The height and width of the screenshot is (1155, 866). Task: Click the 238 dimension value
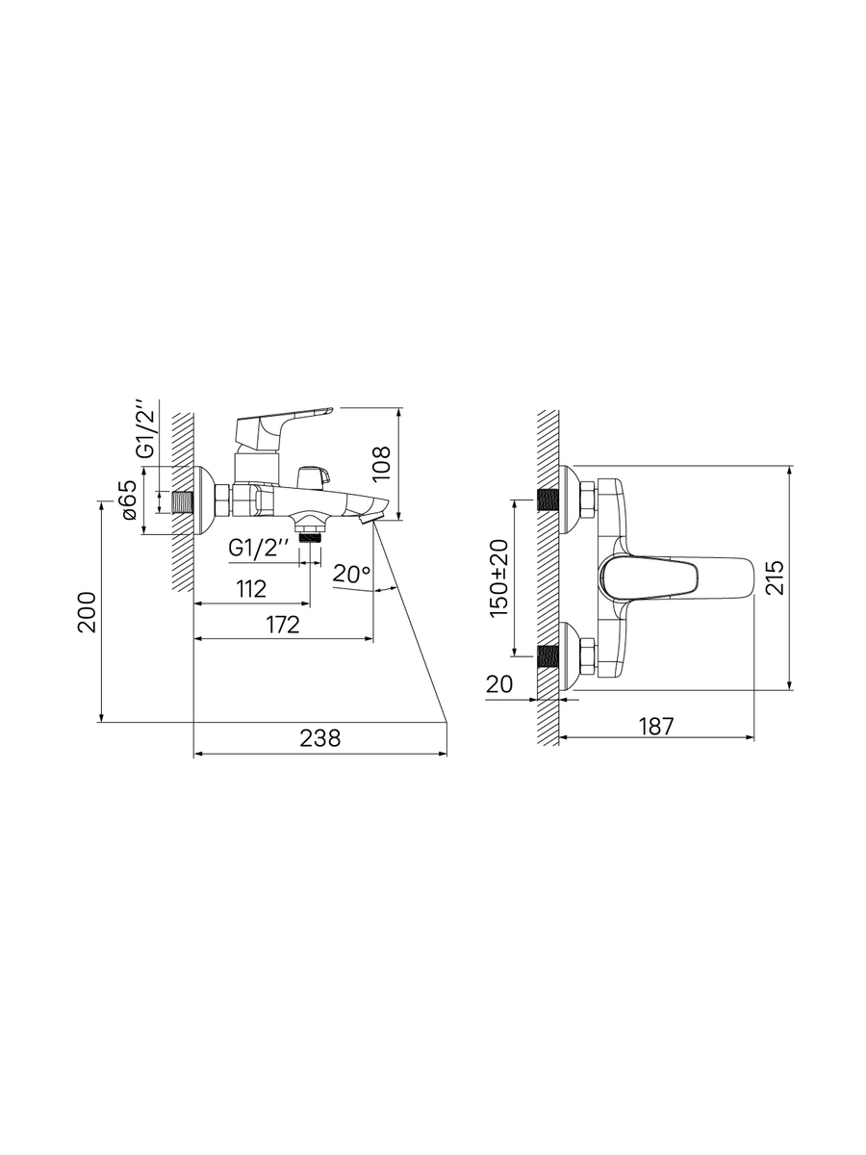click(319, 737)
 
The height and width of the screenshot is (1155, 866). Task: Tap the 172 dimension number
click(282, 625)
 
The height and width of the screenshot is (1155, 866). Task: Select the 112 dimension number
click(251, 589)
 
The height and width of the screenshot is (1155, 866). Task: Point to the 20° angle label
click(352, 574)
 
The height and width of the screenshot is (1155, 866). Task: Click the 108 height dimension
click(381, 463)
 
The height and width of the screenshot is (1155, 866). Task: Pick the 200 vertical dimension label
click(87, 612)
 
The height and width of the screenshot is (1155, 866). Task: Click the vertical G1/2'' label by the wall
click(146, 430)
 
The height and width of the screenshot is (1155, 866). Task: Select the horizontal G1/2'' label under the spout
click(259, 550)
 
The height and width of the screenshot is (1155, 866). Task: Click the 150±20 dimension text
click(499, 578)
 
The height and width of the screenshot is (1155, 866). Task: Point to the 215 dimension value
click(774, 577)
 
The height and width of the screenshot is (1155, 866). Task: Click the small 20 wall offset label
click(499, 684)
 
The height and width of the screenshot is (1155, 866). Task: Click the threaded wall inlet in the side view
click(183, 502)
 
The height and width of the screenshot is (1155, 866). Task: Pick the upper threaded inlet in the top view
click(548, 500)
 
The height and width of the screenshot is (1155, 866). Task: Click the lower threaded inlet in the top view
click(548, 656)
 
